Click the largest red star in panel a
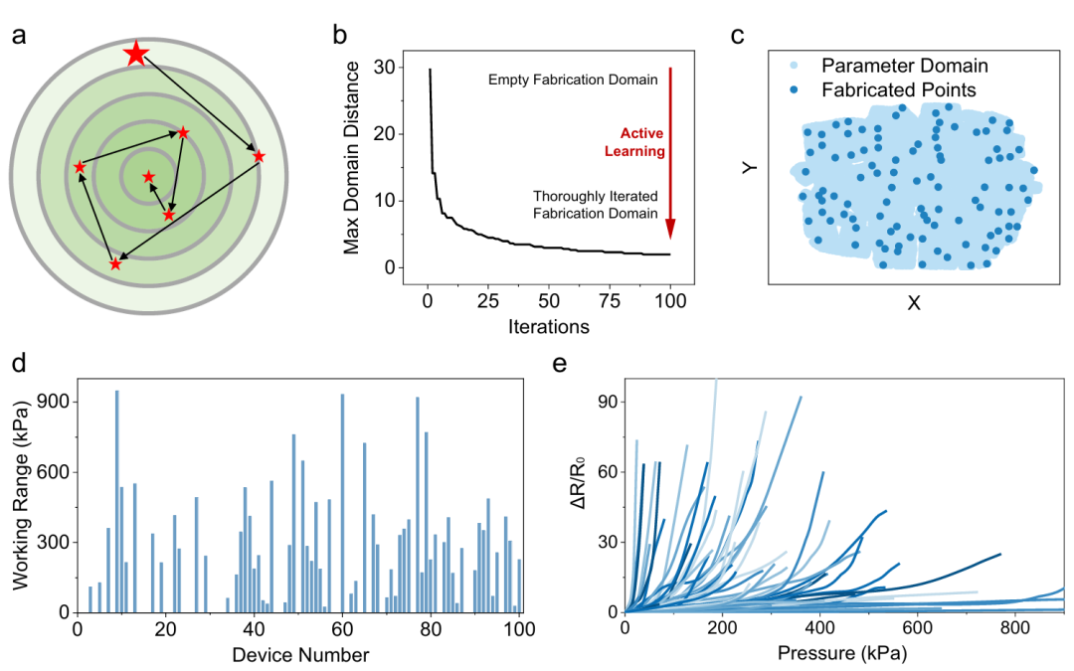(136, 54)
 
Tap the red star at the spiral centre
(148, 177)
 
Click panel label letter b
(340, 34)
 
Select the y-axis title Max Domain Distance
(351, 157)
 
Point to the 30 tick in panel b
(385, 68)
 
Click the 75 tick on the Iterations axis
(610, 300)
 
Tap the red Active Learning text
(634, 142)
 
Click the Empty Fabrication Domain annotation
(573, 80)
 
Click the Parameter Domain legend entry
(890, 66)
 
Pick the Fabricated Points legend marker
(794, 89)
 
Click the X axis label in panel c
(914, 302)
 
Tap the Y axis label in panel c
(750, 168)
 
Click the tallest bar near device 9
(117, 501)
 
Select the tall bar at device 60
(342, 503)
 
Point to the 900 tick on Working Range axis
(56, 402)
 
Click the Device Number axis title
(300, 655)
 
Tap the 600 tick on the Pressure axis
(917, 628)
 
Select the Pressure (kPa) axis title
(842, 653)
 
